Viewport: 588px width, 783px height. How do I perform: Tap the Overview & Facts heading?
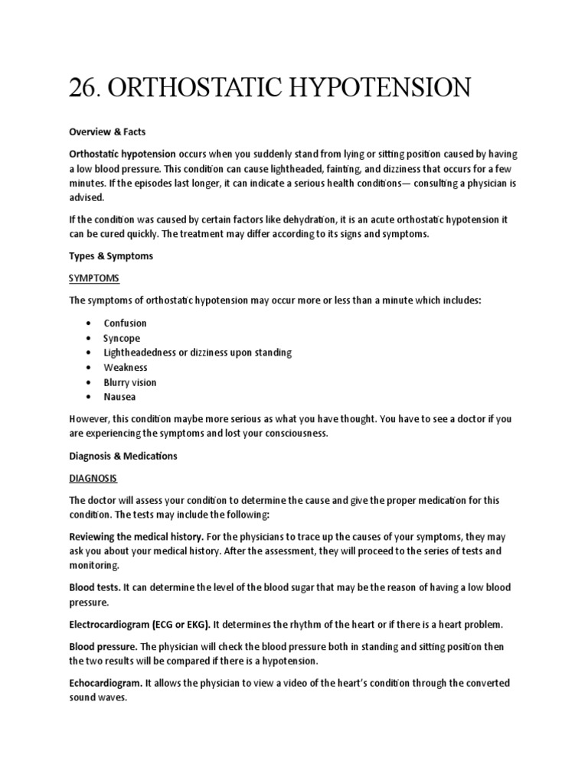pyautogui.click(x=107, y=132)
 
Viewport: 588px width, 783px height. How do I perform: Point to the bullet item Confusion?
pyautogui.click(x=126, y=323)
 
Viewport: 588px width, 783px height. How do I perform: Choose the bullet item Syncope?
pyautogui.click(x=122, y=338)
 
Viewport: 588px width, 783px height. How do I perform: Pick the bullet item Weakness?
pyautogui.click(x=126, y=368)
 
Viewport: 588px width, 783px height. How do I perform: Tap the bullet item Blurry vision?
pyautogui.click(x=130, y=382)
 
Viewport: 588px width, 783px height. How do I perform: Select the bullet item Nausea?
pyautogui.click(x=120, y=397)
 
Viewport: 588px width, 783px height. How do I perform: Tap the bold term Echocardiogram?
pyautogui.click(x=105, y=683)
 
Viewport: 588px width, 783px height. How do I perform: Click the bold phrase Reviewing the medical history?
pyautogui.click(x=136, y=537)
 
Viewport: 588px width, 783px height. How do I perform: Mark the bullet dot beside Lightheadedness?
pyautogui.click(x=90, y=353)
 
